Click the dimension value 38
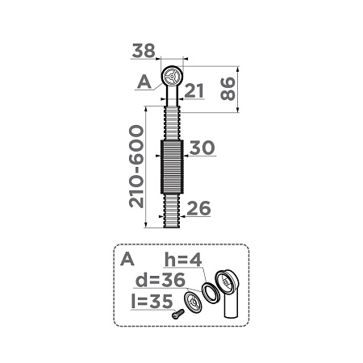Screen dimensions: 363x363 (x=143, y=51)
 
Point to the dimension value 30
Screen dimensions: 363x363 (x=201, y=148)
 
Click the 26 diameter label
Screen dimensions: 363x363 (x=198, y=209)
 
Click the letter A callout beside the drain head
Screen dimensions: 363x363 (x=144, y=81)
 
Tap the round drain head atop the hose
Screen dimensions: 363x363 (x=172, y=79)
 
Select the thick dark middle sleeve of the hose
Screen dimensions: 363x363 (x=172, y=167)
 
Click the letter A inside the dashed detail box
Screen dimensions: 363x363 (x=126, y=261)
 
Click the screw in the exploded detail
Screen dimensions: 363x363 (x=177, y=317)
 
